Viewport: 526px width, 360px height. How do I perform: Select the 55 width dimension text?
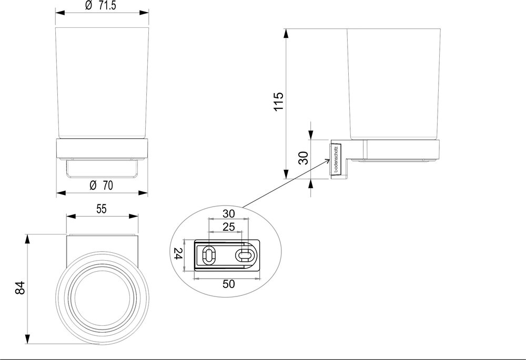[102, 208]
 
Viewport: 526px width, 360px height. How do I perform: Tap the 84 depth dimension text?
[19, 288]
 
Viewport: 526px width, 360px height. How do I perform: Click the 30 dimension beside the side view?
[303, 158]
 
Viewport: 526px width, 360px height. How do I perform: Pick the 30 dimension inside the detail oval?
[228, 213]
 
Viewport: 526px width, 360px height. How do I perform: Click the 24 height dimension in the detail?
[178, 255]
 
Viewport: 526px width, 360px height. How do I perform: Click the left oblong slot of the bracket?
[209, 256]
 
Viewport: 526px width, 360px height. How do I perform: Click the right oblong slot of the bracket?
[244, 255]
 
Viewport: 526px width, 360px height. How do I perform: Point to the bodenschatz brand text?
[336, 158]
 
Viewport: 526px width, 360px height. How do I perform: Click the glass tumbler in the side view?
[392, 84]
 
